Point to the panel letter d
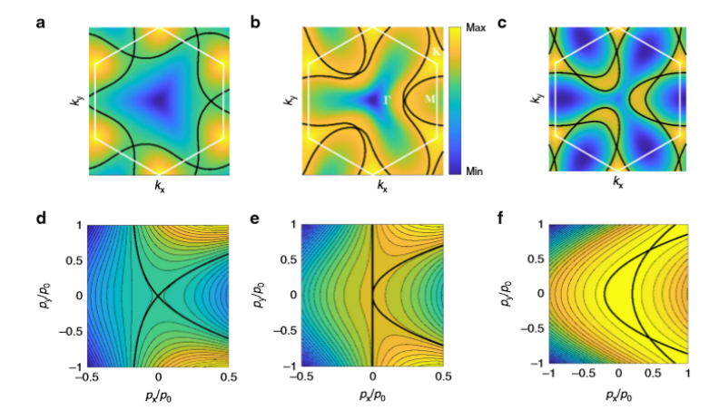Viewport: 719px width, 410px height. pyautogui.click(x=40, y=219)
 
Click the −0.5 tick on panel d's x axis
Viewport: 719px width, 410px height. pyautogui.click(x=88, y=376)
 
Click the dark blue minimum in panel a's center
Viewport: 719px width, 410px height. pyautogui.click(x=161, y=95)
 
